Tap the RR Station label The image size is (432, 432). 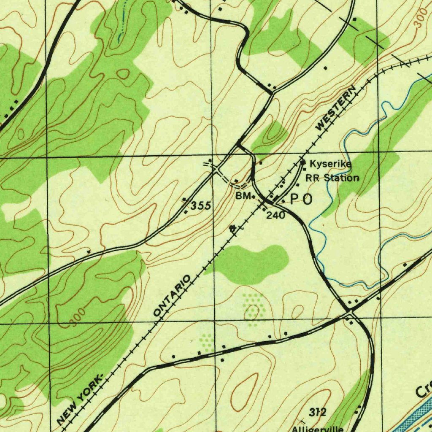tap(332, 178)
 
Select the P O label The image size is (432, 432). tap(302, 200)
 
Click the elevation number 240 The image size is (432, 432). tap(275, 215)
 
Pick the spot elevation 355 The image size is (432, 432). tap(201, 206)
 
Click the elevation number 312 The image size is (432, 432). tap(317, 412)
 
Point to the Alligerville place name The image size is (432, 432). tap(319, 429)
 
